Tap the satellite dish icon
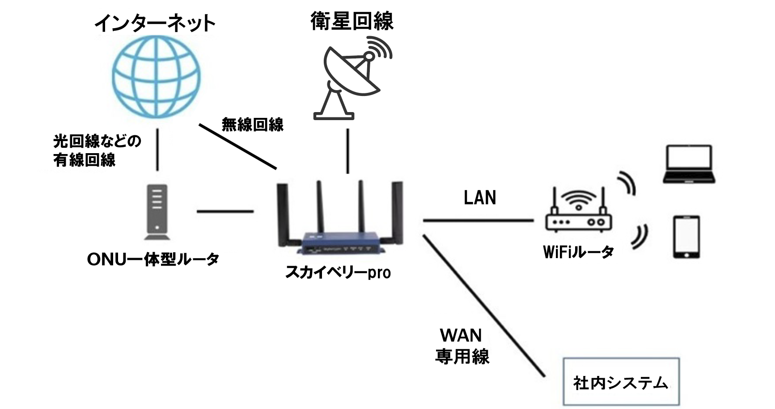352,80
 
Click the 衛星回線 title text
352,21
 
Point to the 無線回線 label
253,125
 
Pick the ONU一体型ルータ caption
153,259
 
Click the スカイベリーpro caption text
338,272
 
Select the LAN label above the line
480,198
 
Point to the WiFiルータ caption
578,252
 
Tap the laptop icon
688,164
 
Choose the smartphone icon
686,237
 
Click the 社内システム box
621,382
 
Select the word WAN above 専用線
461,335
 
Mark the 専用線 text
462,356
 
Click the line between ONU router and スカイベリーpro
225,211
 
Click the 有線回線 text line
85,160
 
